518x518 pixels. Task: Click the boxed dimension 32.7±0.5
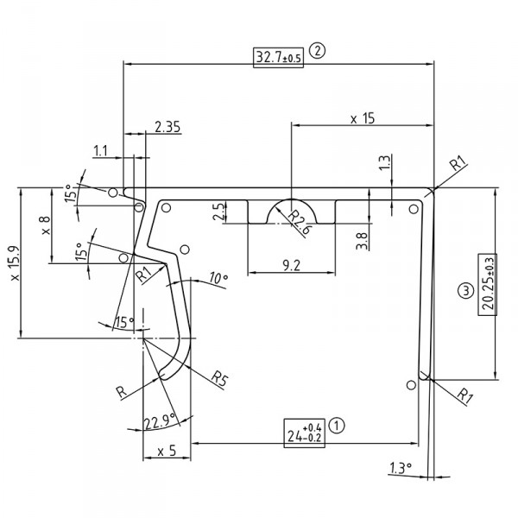coord(278,58)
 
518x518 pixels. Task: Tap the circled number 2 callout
coord(317,51)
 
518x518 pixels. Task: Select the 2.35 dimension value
coord(167,128)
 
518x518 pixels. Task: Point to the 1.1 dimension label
coord(101,151)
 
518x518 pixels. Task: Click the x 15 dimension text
coord(363,118)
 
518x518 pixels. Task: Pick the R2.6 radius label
coord(300,220)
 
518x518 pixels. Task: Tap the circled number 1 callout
coord(338,425)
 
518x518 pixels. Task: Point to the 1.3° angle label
coord(398,468)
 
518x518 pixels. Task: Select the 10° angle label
coord(218,278)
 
